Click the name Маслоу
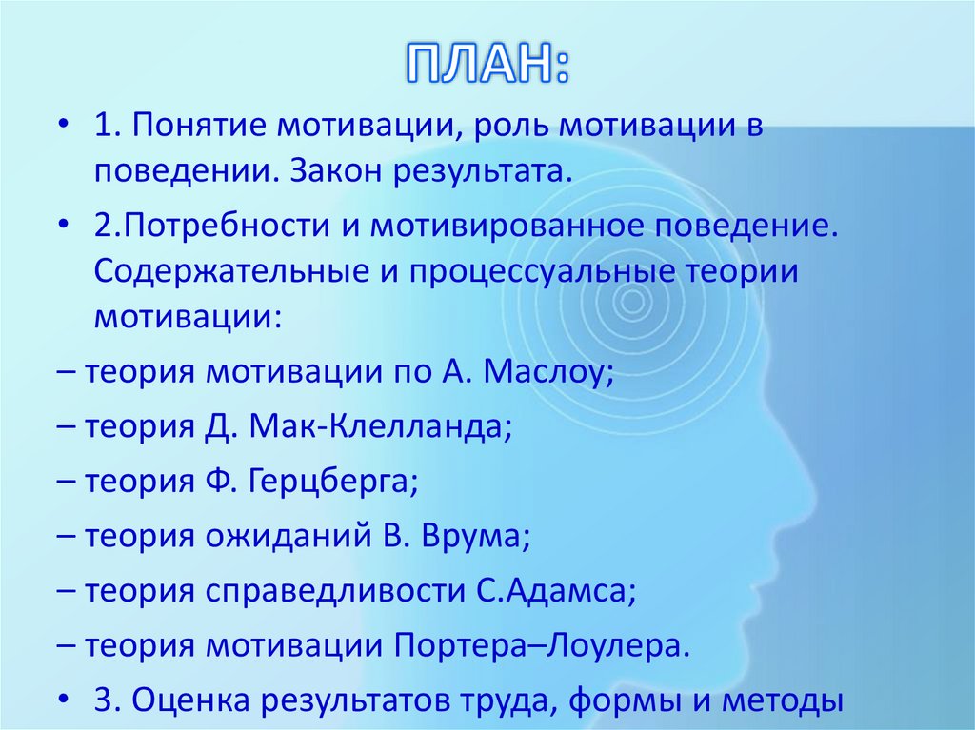[547, 371]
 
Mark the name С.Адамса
[553, 591]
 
